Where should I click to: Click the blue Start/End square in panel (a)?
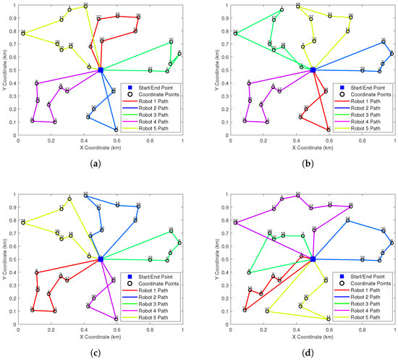[x=101, y=70]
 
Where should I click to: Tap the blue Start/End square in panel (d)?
[x=313, y=259]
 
